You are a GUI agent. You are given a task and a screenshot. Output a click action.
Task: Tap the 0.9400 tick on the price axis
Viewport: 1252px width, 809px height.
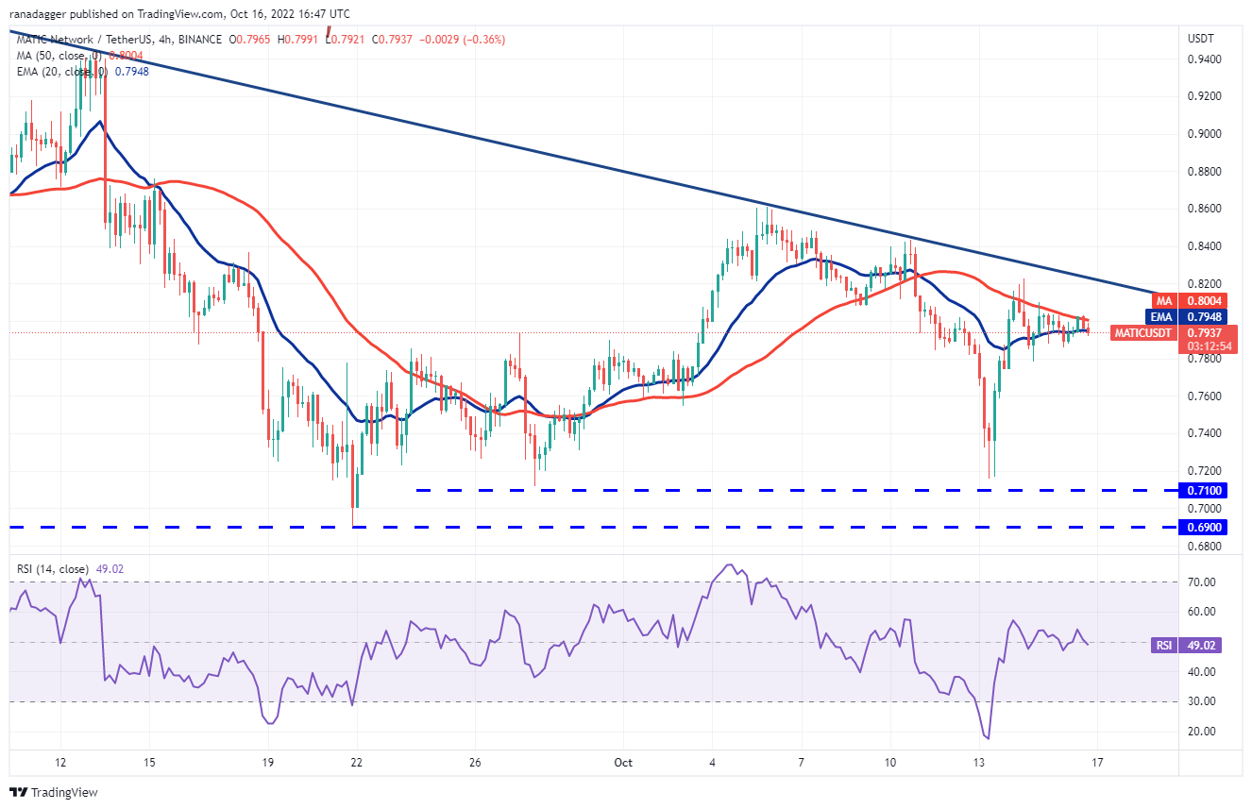[1203, 59]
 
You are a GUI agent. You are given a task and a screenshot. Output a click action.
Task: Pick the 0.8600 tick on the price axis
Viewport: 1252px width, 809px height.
[1203, 209]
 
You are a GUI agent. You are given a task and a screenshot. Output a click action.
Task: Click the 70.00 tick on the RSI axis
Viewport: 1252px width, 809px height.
[1200, 582]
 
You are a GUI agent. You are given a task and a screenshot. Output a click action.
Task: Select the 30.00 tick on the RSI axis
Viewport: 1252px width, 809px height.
[1200, 701]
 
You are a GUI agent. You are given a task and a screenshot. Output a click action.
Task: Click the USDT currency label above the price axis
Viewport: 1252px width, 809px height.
[1200, 38]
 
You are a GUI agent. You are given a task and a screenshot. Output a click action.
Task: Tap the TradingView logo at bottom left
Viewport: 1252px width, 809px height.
[55, 792]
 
